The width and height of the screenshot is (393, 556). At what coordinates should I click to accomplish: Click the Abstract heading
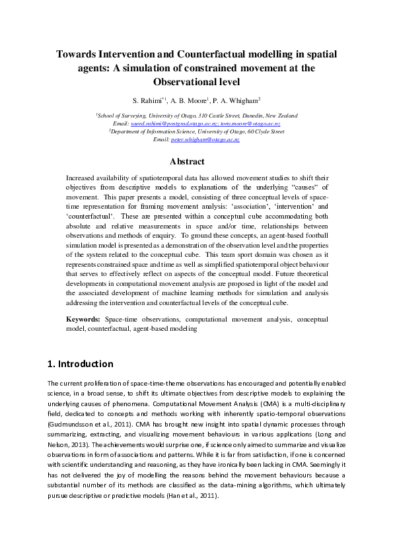click(196, 161)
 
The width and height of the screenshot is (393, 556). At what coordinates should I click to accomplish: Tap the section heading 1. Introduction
click(81, 364)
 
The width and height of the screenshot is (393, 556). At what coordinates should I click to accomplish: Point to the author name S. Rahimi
click(149, 100)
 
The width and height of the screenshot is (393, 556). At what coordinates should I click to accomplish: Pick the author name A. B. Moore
click(190, 100)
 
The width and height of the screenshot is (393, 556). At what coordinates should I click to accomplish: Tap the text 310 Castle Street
click(205, 116)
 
